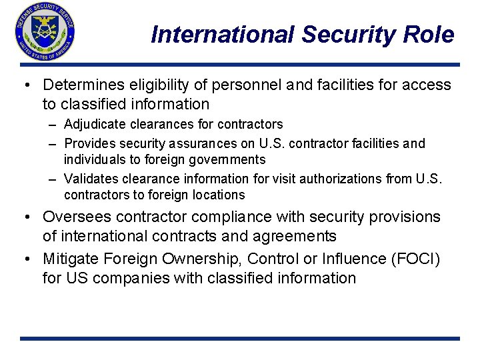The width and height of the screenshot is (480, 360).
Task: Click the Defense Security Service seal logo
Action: (x=45, y=33)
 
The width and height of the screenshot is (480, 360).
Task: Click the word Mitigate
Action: (x=67, y=259)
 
